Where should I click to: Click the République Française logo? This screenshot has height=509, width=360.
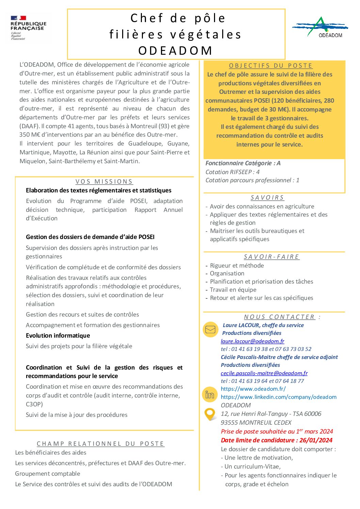click(28, 28)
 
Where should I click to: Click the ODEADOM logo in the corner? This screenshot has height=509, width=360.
click(320, 27)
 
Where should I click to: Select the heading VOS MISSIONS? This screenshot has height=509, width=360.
click(104, 182)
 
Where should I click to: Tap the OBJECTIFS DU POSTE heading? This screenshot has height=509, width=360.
click(271, 66)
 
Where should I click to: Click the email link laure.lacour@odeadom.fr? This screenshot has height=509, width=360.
click(252, 341)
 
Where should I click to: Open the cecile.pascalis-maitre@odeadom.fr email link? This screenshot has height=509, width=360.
click(264, 373)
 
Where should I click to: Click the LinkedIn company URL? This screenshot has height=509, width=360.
click(278, 397)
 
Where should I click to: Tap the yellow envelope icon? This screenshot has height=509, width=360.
click(210, 329)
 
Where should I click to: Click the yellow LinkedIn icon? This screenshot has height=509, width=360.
click(210, 394)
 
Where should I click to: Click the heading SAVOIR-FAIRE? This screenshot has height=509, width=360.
click(272, 257)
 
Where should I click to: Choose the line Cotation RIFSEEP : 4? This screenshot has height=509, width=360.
click(232, 172)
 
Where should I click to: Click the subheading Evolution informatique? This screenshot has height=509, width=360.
click(58, 336)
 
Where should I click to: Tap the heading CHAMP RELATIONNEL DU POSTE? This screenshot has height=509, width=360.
click(101, 444)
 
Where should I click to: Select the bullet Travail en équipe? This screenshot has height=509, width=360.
click(233, 290)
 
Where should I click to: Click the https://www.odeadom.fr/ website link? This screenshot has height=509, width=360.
click(253, 389)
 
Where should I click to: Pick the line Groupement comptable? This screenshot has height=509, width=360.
click(48, 474)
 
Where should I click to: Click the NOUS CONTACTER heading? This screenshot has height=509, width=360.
click(279, 317)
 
